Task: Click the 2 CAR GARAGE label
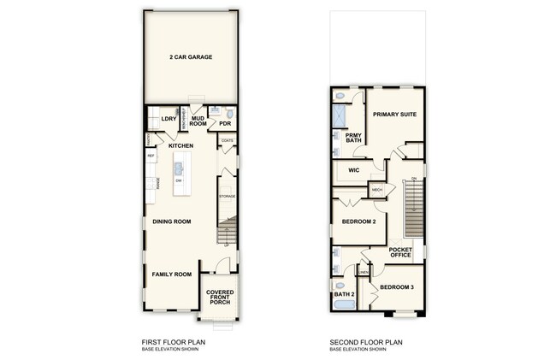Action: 191,57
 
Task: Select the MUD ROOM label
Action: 198,121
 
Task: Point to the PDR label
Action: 226,123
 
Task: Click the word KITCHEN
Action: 180,146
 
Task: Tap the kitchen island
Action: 179,174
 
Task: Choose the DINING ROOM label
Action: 171,221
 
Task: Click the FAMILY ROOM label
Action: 171,274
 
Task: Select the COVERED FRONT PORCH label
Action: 220,297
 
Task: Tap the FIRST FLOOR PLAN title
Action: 173,342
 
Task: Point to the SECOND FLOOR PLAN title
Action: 366,342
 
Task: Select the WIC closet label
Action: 353,170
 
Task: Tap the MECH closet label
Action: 376,190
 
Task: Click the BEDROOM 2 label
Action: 359,222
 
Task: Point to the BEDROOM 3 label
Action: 397,286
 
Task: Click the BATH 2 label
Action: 343,295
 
